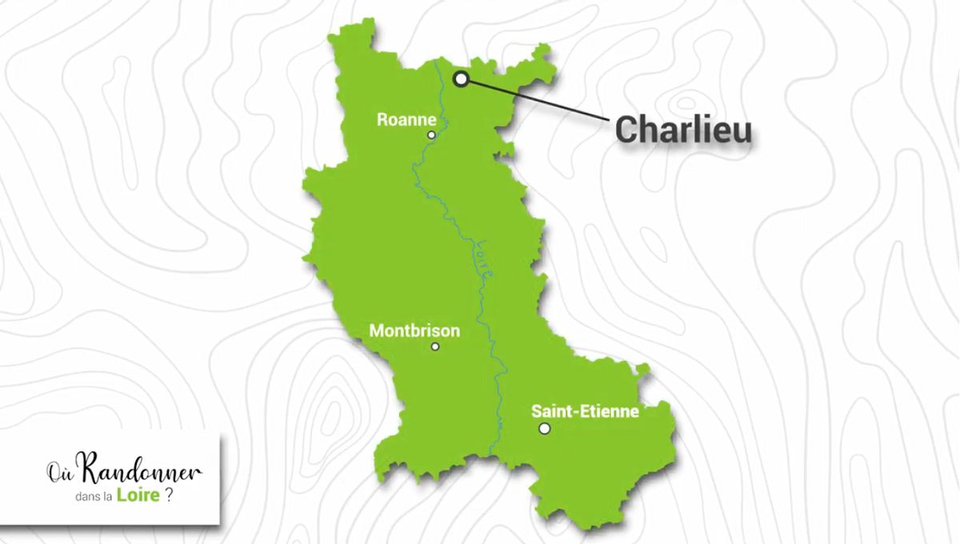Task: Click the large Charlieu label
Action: (683, 130)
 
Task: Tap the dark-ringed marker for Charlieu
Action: (462, 78)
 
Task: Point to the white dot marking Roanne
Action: (432, 135)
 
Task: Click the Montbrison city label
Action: (414, 330)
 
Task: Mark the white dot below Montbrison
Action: (435, 346)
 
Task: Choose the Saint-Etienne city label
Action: (585, 412)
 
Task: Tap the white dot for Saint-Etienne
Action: (545, 429)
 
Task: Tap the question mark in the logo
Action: (169, 495)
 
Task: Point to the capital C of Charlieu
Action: (627, 130)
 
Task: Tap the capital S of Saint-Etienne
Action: (537, 412)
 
